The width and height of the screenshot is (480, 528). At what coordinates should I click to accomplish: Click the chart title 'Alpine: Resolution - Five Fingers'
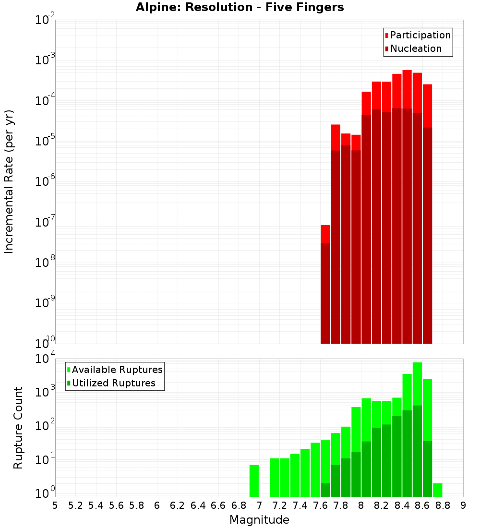pos(240,8)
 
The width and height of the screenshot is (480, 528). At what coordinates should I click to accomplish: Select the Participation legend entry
pos(418,36)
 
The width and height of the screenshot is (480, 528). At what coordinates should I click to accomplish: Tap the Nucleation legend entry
pos(413,49)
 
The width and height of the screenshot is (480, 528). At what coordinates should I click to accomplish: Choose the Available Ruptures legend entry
pos(115,370)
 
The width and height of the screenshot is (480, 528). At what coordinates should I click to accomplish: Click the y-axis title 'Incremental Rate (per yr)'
pos(9,181)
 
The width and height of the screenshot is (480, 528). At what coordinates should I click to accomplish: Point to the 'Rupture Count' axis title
pos(18,428)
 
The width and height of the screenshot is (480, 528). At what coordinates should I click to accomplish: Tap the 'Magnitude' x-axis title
pos(259,520)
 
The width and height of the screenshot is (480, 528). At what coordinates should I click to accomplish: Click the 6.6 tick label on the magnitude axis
pos(218,505)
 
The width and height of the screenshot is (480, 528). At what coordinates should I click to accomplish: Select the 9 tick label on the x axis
pos(463,505)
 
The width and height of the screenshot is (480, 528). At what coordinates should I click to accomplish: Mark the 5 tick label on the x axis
pos(55,505)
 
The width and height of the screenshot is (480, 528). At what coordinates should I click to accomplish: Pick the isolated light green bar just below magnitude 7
pos(254,480)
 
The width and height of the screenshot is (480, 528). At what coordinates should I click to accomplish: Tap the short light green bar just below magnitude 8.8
pos(437,490)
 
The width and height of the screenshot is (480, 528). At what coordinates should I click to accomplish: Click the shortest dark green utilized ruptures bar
pos(325,490)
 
